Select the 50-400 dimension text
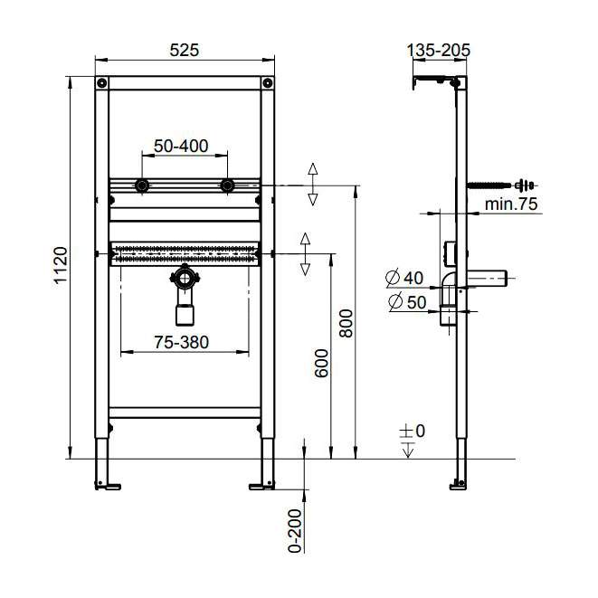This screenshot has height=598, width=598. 181,146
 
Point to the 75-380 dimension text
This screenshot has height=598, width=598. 182,342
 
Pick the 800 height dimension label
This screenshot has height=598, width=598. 345,322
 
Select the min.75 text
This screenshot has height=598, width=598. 510,204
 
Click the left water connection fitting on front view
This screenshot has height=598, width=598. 141,187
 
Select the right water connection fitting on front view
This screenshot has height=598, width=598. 227,187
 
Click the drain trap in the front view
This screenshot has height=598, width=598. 185,294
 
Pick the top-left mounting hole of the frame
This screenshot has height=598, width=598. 102,84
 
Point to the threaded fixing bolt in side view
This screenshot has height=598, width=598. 500,185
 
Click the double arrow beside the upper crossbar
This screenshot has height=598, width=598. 313,185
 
